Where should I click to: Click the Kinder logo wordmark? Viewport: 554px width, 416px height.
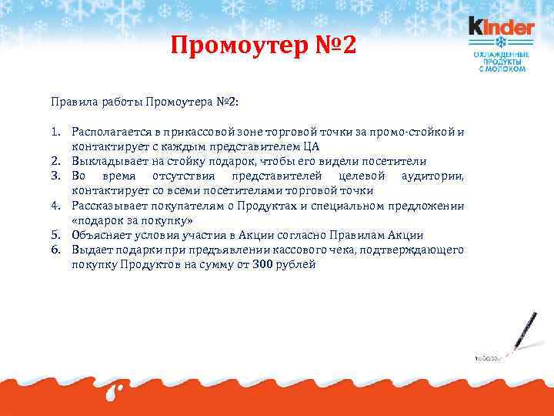pos(501,27)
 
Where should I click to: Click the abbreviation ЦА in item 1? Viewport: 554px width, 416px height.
pos(311,146)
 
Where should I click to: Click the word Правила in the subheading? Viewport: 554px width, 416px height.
pos(71,102)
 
